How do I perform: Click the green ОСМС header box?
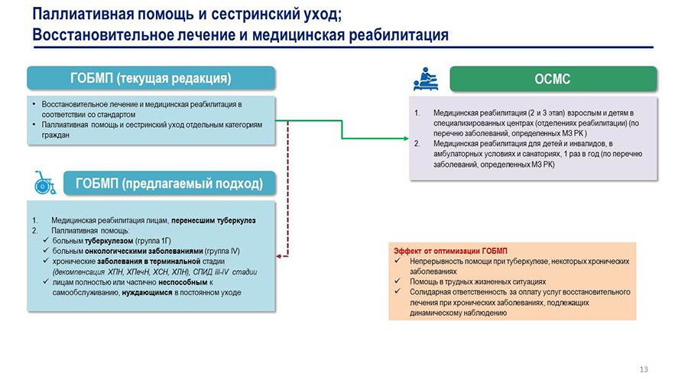click(x=553, y=79)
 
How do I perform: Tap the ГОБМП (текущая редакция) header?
click(x=151, y=78)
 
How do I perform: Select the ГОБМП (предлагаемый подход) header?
click(x=168, y=184)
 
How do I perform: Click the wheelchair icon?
click(x=45, y=183)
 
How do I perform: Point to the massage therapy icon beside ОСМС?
click(x=425, y=79)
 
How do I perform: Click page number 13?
click(x=643, y=370)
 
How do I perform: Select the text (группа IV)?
click(x=225, y=250)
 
